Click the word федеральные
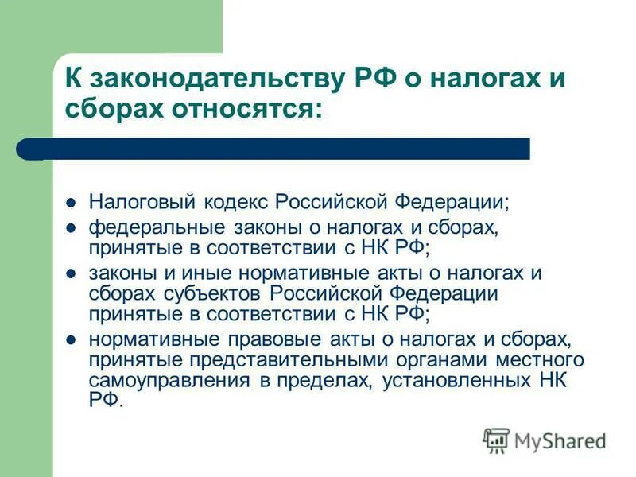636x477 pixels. pos(149,229)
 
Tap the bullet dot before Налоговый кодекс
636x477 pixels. pos(70,203)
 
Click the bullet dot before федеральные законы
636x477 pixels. pos(70,229)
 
